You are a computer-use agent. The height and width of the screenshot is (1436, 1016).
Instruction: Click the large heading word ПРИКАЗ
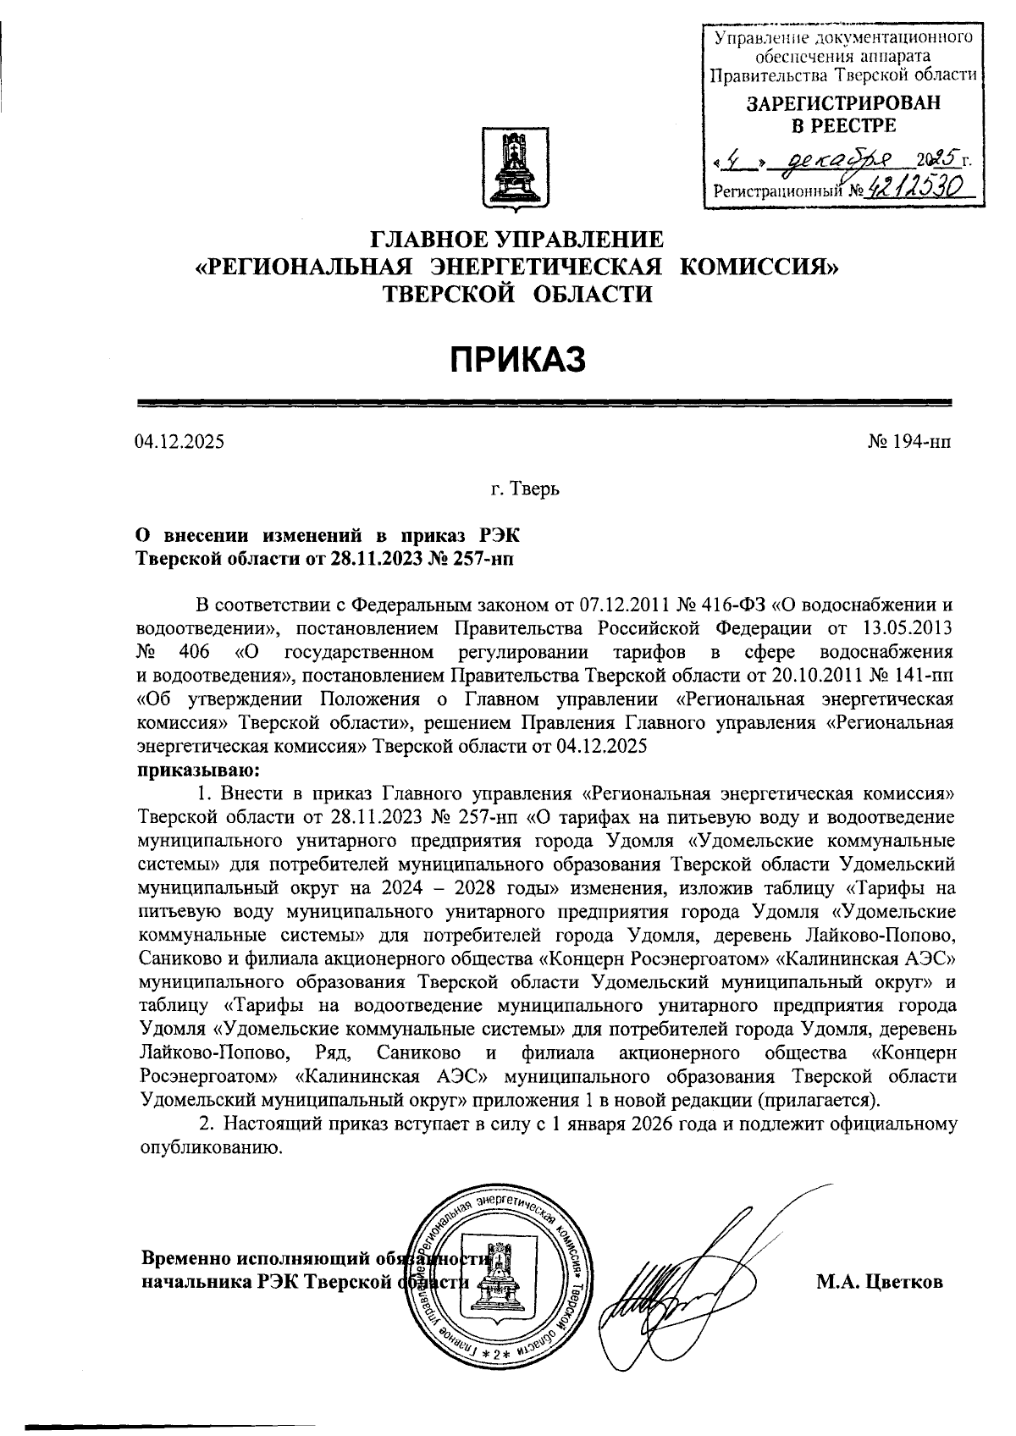[x=516, y=358]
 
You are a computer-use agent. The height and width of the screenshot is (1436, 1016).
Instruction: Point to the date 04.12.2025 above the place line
[x=179, y=441]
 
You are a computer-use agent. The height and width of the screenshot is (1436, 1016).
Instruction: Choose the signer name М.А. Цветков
[x=879, y=1282]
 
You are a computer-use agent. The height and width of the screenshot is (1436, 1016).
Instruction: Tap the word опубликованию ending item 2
[x=208, y=1147]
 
